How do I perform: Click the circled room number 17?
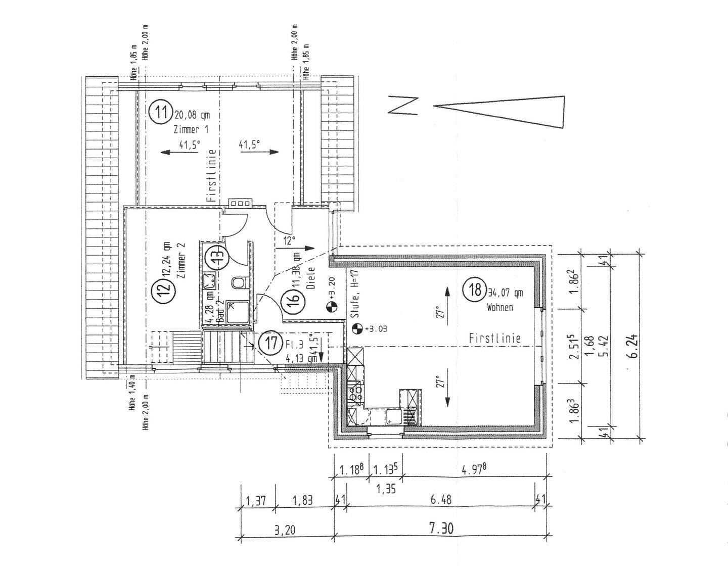(x=271, y=344)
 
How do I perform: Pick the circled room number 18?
(x=475, y=290)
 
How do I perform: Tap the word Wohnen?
(x=499, y=307)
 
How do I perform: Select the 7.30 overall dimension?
(x=441, y=529)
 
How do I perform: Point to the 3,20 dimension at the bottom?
(x=285, y=531)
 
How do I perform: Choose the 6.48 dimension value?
(x=441, y=500)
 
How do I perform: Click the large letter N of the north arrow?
(x=403, y=106)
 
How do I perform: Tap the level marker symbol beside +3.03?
(x=356, y=328)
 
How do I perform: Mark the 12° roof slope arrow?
(x=295, y=248)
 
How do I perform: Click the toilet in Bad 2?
(x=238, y=283)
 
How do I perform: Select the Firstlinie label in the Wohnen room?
(x=494, y=338)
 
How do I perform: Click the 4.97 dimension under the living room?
(x=474, y=469)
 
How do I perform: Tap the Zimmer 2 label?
(x=183, y=259)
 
